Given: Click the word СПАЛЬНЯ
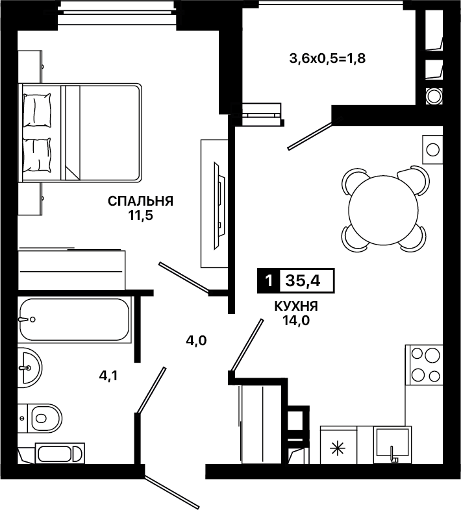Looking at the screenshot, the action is point(141,201).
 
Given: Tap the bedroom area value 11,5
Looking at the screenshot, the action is point(141,215).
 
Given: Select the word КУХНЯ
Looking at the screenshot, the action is point(296,306).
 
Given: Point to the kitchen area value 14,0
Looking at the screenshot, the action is point(296,321).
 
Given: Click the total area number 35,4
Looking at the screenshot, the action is point(303,280).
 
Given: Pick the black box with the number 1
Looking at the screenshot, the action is point(269,280).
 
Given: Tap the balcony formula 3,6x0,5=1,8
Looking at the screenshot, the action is point(327,58).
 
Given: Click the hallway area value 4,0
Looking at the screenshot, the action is point(196,341).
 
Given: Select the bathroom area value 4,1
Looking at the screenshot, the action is point(108,376).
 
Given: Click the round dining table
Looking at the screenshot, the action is point(383,210).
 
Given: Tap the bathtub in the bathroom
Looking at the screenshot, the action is point(75,319).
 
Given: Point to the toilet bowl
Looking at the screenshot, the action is point(44,418).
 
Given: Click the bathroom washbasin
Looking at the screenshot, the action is point(30,367).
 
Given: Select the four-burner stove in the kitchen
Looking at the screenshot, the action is point(424,365).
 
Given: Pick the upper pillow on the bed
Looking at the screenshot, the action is point(37,110).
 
